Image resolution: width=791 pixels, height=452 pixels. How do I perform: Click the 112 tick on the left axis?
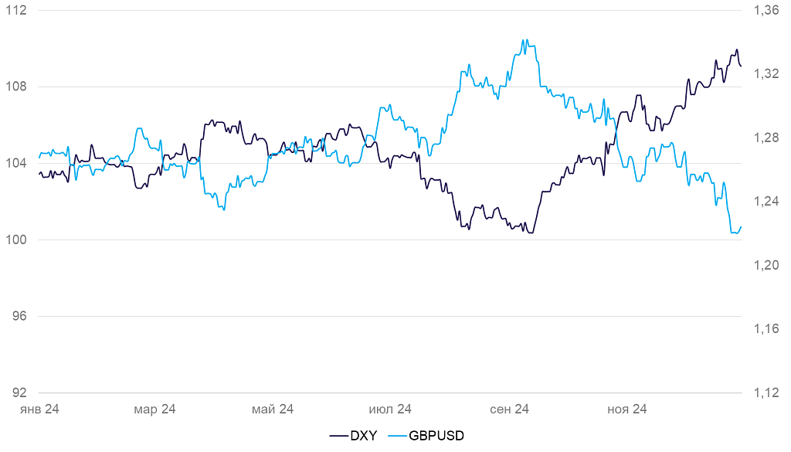[x=16, y=11]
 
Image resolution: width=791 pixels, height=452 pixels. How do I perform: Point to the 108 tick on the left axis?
[x=16, y=87]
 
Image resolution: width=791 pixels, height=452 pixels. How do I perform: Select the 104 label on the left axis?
[x=16, y=163]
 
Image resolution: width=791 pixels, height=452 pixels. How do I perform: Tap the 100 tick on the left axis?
[x=16, y=240]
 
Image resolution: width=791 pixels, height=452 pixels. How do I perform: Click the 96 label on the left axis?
[x=19, y=316]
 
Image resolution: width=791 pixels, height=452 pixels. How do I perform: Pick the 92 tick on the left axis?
[x=19, y=393]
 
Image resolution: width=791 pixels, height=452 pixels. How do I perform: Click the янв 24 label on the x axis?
[x=39, y=410]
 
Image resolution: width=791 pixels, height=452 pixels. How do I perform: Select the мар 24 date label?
[x=155, y=410]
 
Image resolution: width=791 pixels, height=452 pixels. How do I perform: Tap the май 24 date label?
[x=273, y=410]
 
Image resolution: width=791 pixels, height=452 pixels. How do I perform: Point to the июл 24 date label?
[x=390, y=410]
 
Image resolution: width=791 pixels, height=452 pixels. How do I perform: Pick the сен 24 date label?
[x=508, y=410]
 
